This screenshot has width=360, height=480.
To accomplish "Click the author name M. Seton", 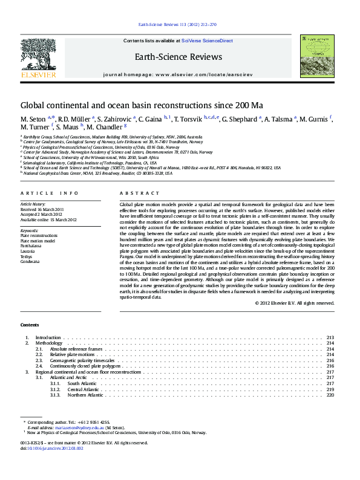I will tap(33, 118).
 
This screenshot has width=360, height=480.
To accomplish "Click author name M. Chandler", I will tap(104, 128).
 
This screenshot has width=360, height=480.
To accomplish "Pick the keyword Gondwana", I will tap(30, 261).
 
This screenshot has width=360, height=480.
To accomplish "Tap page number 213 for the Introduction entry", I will tap(330, 337).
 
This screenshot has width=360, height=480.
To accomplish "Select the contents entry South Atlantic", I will tap(82, 383).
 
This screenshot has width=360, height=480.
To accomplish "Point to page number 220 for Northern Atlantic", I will tap(330, 395).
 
